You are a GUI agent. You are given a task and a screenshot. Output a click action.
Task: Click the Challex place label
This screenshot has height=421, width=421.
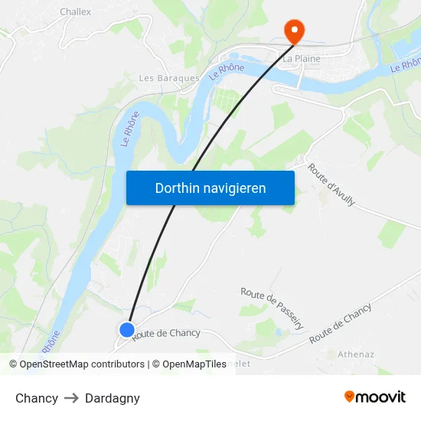tap(75, 11)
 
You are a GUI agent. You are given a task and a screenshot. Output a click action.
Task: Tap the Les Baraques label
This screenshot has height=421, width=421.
tap(168, 78)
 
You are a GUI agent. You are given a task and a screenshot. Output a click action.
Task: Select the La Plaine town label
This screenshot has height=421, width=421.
tap(302, 58)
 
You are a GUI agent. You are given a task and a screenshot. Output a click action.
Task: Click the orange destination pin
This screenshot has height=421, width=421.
tap(294, 31)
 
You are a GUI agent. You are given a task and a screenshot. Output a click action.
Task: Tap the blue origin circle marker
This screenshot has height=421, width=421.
tap(127, 330)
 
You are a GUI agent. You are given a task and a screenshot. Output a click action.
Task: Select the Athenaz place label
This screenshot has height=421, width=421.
tap(356, 354)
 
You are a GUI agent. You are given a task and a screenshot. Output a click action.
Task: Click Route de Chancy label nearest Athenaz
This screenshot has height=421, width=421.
tap(341, 323)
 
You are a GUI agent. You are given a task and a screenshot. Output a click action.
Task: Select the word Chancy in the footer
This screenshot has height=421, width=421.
tap(37, 398)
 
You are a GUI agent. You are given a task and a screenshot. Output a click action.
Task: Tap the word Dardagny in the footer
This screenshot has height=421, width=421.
tap(113, 398)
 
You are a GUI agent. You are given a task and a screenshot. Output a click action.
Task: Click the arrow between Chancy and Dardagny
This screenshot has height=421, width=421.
tap(71, 398)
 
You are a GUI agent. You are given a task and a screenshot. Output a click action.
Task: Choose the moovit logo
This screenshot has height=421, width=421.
tap(374, 397)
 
